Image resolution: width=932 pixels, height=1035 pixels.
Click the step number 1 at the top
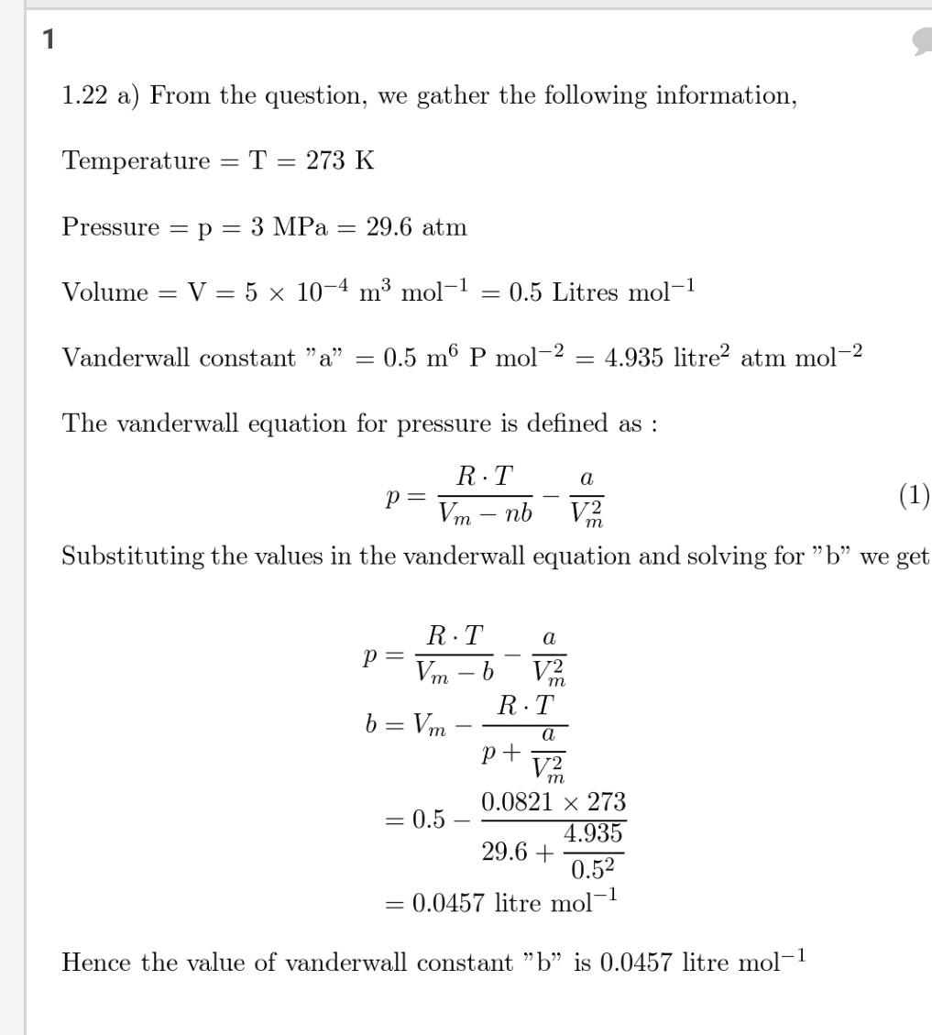pos(49,39)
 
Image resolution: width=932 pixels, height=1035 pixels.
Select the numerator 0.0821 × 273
pos(554,802)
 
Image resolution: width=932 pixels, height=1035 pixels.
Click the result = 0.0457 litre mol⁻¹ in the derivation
pos(501,903)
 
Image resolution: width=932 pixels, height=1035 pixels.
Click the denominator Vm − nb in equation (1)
pos(485,513)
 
